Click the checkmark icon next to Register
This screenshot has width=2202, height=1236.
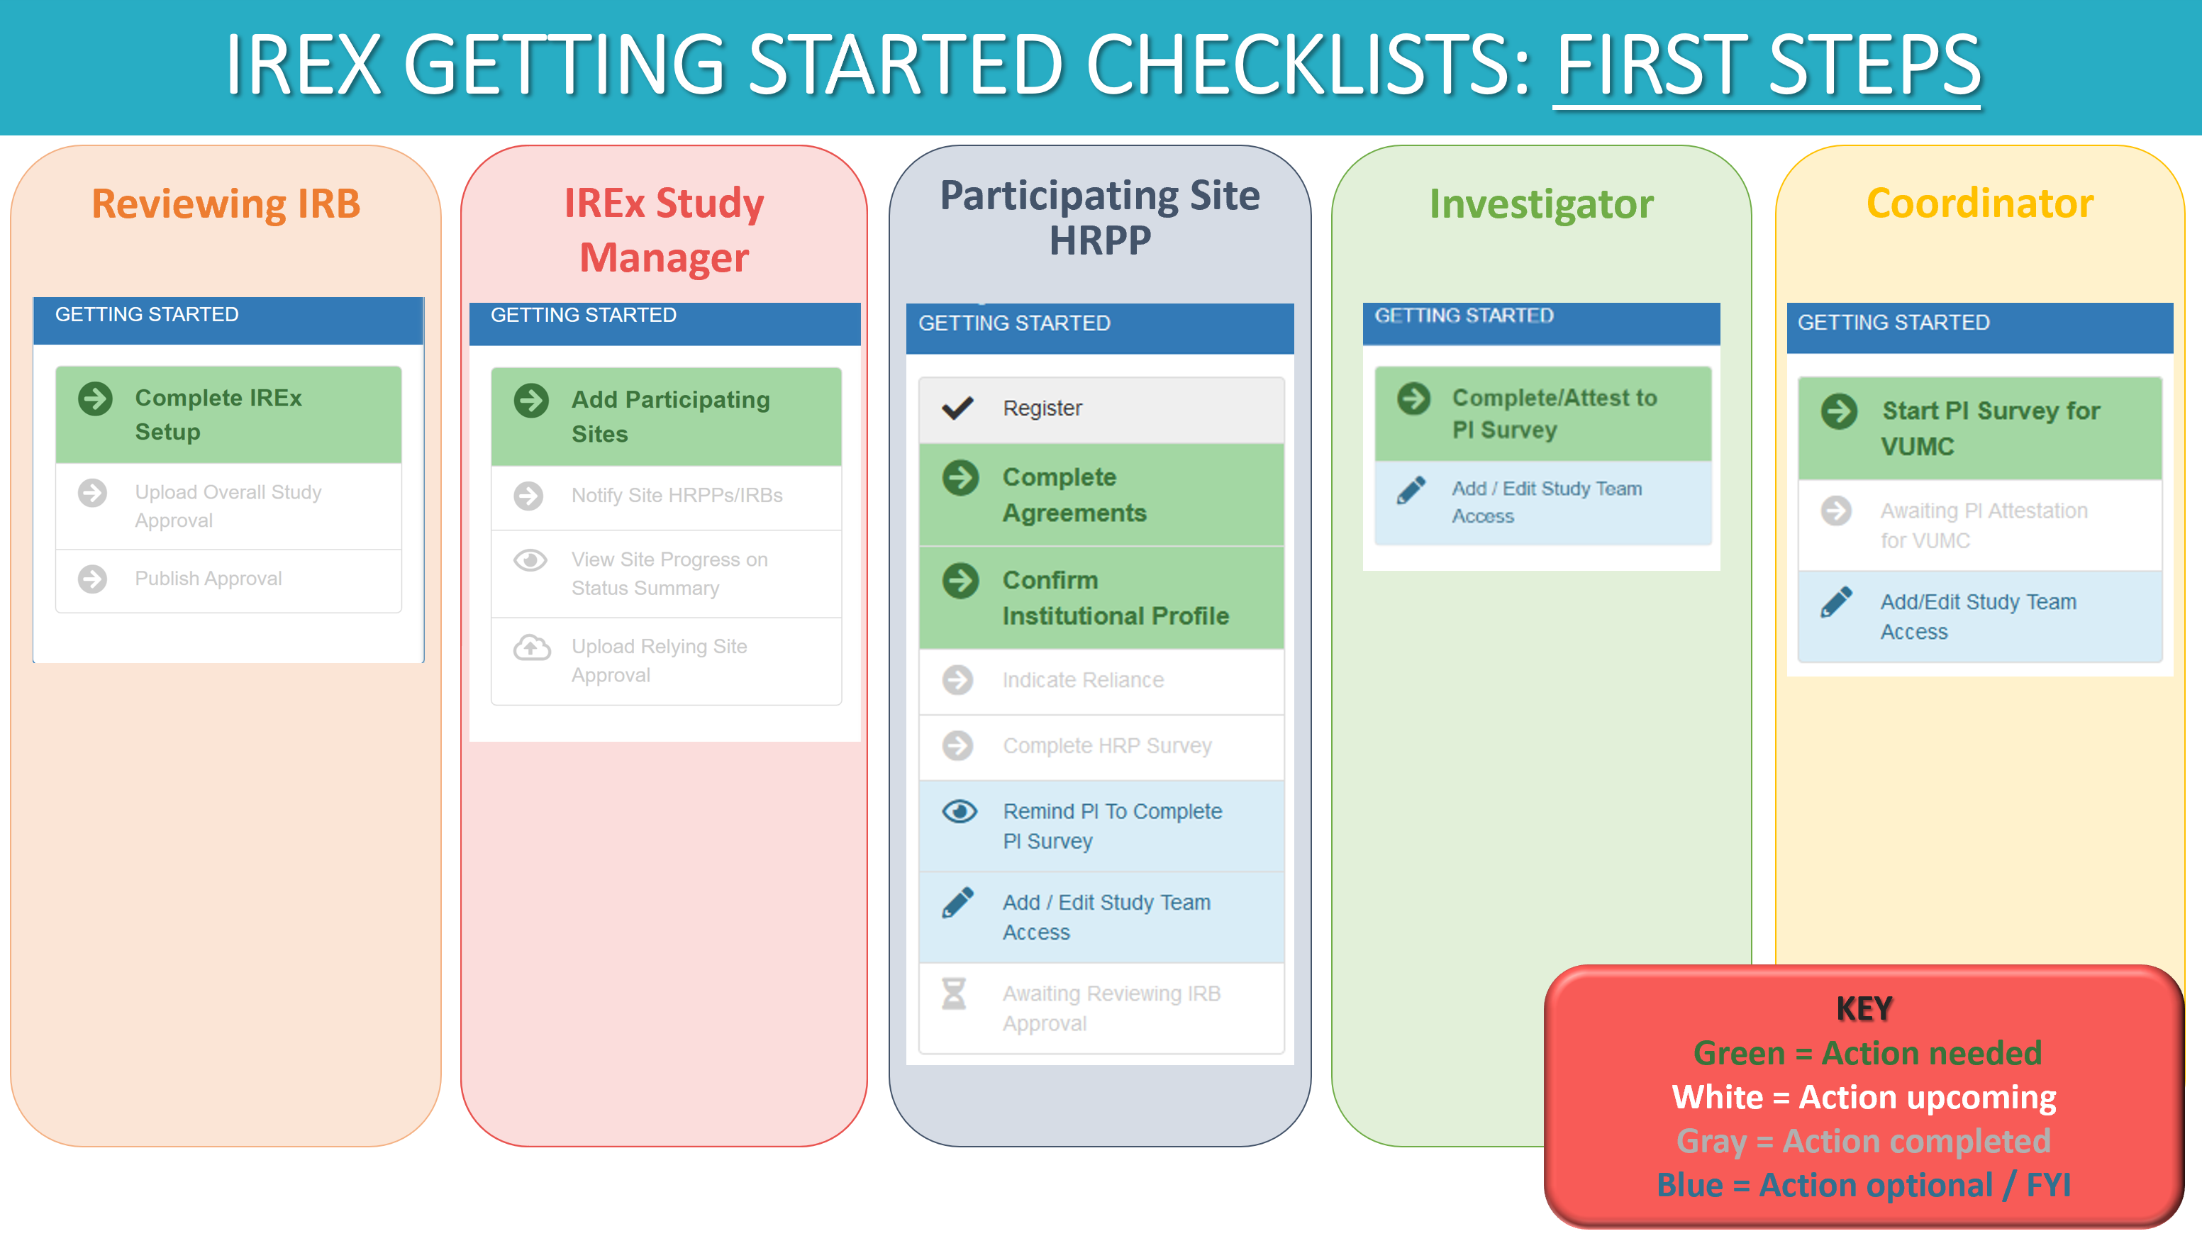click(x=957, y=408)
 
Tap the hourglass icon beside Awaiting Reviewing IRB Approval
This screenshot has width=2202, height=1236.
click(x=954, y=994)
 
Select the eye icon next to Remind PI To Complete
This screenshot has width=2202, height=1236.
click(x=959, y=811)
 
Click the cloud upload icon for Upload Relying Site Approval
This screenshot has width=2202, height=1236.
click(x=531, y=648)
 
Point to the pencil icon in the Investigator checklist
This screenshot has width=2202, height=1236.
click(x=1411, y=490)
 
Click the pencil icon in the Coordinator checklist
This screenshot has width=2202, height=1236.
click(x=1836, y=602)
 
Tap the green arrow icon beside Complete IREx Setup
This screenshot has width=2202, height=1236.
click(x=95, y=399)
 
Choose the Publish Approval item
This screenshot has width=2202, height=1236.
click(x=208, y=579)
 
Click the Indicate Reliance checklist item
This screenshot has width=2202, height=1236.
click(x=1082, y=680)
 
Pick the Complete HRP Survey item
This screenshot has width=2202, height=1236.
click(x=1106, y=746)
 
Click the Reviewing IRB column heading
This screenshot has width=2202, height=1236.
click(x=226, y=204)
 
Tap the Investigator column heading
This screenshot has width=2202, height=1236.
click(x=1541, y=204)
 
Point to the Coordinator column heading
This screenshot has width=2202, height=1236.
click(x=1980, y=204)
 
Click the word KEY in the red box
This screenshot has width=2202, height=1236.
click(x=1864, y=1008)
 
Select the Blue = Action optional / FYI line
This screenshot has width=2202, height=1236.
click(x=1864, y=1186)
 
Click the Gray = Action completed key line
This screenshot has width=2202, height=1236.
click(x=1864, y=1141)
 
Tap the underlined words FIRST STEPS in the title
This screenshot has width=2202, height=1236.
click(x=1767, y=65)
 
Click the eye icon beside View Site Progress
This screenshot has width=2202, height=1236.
click(x=530, y=561)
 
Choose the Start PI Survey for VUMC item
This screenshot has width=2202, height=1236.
click(x=1990, y=428)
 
